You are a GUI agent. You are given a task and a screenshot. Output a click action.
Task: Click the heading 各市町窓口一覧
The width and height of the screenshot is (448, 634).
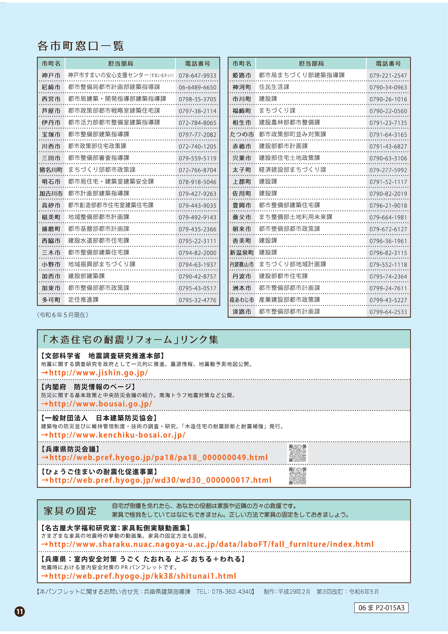pyautogui.click(x=80, y=46)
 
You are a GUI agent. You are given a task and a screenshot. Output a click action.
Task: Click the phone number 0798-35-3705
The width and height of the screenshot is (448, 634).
pyautogui.click(x=197, y=99)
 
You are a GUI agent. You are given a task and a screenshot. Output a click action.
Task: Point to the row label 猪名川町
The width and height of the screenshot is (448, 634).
pyautogui.click(x=51, y=170)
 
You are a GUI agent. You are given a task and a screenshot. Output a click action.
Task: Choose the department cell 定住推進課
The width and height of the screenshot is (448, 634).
pyautogui.click(x=83, y=300)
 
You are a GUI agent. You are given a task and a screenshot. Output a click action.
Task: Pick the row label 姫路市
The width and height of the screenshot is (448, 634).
pyautogui.click(x=242, y=75)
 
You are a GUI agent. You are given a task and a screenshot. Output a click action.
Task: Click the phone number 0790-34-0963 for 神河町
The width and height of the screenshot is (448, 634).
pyautogui.click(x=388, y=87)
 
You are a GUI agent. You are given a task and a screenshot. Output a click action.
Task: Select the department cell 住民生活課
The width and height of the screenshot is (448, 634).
pyautogui.click(x=274, y=87)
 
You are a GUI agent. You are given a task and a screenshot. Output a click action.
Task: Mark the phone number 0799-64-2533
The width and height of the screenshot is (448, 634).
pyautogui.click(x=388, y=312)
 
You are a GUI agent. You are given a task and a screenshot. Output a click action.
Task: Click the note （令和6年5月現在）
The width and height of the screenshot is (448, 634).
pyautogui.click(x=63, y=315)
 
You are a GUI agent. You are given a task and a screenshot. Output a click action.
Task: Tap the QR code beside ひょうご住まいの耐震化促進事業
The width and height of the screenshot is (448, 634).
pyautogui.click(x=298, y=476)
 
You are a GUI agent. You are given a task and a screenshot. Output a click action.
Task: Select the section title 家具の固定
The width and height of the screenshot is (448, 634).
pyautogui.click(x=70, y=511)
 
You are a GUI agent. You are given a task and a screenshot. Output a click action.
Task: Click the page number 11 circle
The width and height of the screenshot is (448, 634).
pyautogui.click(x=20, y=611)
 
